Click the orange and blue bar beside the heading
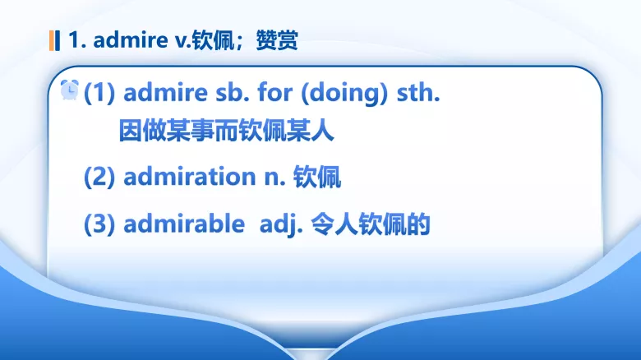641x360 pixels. (x=55, y=40)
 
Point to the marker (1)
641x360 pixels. (x=100, y=93)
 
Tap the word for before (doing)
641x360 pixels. (x=274, y=93)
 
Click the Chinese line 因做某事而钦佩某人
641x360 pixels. (x=226, y=132)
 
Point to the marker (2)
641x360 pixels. (x=100, y=177)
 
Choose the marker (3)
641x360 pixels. (x=100, y=224)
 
